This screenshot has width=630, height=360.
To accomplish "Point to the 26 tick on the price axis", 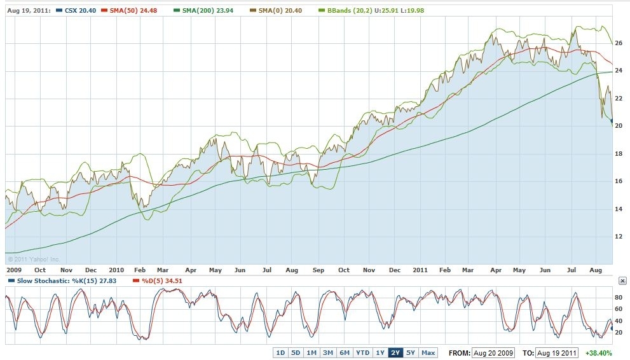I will pyautogui.click(x=618, y=43).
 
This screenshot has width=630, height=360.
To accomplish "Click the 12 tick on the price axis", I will pyautogui.click(x=618, y=236).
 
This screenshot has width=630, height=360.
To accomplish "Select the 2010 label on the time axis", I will pyautogui.click(x=116, y=270).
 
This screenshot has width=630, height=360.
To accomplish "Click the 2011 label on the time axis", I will pyautogui.click(x=420, y=270).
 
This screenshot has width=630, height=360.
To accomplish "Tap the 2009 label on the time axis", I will pyautogui.click(x=13, y=270).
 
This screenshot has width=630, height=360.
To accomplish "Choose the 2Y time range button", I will pyautogui.click(x=395, y=352).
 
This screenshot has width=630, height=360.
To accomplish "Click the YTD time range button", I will pyautogui.click(x=362, y=352).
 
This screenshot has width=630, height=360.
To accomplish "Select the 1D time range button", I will pyautogui.click(x=280, y=352).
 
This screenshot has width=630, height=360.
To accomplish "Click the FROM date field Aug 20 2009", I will pyautogui.click(x=493, y=352).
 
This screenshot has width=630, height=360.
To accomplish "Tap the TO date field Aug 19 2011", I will pyautogui.click(x=556, y=352).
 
